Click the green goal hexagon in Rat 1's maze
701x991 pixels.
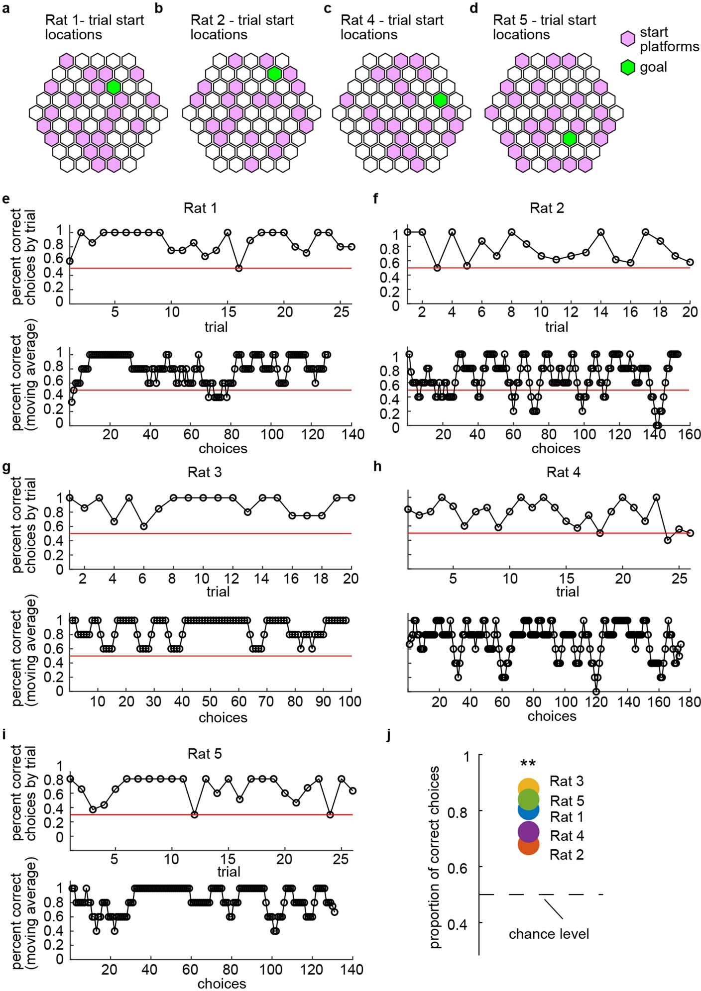click(x=114, y=87)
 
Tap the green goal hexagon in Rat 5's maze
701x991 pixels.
click(x=570, y=139)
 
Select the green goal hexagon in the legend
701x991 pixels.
click(x=628, y=67)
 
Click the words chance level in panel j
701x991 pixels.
click(x=549, y=934)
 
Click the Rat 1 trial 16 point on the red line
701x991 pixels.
click(x=239, y=268)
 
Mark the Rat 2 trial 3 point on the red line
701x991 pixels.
click(x=437, y=268)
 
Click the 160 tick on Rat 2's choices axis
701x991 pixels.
click(x=690, y=434)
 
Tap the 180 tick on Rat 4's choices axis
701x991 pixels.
click(x=690, y=702)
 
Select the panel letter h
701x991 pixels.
click(x=377, y=467)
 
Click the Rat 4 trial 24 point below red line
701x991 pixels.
click(x=668, y=540)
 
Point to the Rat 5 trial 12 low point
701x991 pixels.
click(x=194, y=814)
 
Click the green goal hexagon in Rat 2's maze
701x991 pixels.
click(x=274, y=74)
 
